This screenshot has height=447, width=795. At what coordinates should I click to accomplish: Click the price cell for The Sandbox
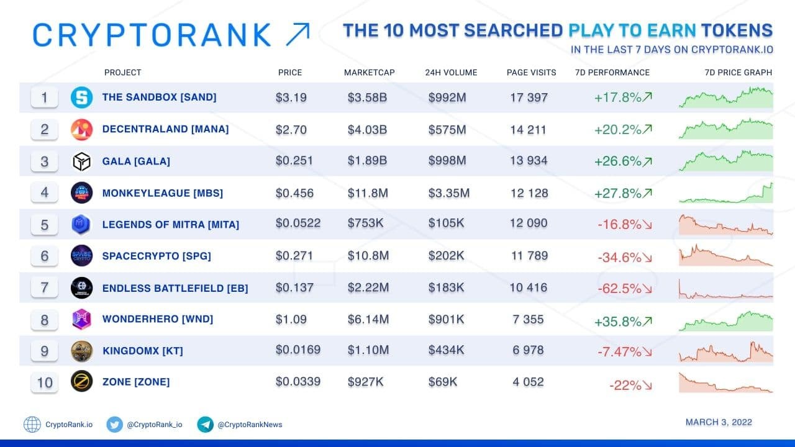point(291,97)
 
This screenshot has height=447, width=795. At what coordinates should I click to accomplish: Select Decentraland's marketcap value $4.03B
point(367,130)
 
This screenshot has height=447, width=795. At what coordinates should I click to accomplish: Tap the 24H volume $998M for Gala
point(447,161)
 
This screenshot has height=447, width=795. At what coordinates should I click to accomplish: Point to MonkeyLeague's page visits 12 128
point(529,193)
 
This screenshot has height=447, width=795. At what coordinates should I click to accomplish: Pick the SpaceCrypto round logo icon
point(81,255)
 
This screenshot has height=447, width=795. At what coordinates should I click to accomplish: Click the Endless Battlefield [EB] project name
point(175,288)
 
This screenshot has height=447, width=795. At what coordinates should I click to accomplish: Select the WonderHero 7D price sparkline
point(726,321)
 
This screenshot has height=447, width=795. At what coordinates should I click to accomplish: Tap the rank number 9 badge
point(44,351)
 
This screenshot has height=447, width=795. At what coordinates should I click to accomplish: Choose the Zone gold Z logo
point(81,381)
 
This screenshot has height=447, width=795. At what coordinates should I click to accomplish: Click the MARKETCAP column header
point(369,73)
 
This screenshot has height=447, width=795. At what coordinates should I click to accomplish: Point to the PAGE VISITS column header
point(531,73)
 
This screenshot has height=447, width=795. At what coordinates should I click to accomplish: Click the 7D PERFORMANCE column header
point(612,73)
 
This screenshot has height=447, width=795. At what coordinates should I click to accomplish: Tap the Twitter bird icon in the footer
point(115,424)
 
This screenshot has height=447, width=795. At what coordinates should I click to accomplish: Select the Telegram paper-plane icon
point(205,424)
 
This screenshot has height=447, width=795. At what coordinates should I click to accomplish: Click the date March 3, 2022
point(719,422)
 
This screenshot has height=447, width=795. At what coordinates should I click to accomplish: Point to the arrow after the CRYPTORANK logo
point(298,34)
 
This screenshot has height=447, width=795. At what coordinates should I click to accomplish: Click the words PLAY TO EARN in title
point(632,30)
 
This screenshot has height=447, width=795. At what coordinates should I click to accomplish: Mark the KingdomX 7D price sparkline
point(726,352)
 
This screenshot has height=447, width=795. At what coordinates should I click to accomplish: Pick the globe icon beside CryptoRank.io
point(32,424)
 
